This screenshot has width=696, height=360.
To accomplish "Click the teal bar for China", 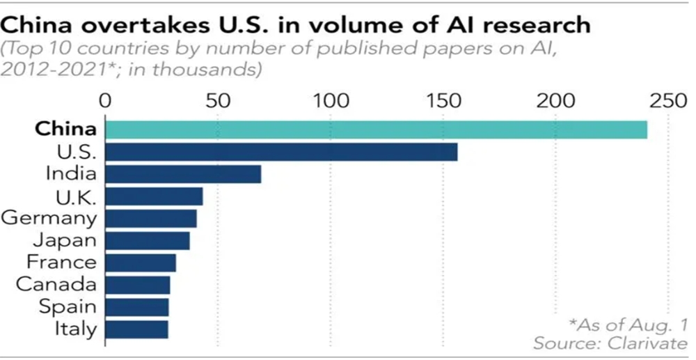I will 376,130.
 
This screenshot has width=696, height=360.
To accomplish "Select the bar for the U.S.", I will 281,152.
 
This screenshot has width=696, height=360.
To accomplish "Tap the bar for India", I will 183,174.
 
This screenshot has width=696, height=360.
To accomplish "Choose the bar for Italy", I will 136,329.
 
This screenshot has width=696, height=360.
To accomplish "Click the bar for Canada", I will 137,285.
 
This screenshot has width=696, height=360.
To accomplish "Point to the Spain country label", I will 68,306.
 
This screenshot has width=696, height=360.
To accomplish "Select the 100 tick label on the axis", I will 331,101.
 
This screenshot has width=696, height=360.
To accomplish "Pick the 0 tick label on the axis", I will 106,101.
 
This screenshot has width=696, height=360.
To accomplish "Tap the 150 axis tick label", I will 443,101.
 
